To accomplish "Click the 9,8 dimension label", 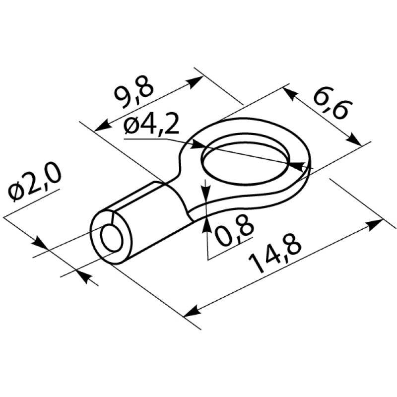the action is click(x=134, y=92).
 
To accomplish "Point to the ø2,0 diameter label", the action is click(x=34, y=183).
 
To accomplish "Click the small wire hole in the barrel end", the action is click(x=112, y=238).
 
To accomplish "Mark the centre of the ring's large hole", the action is click(x=246, y=164).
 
